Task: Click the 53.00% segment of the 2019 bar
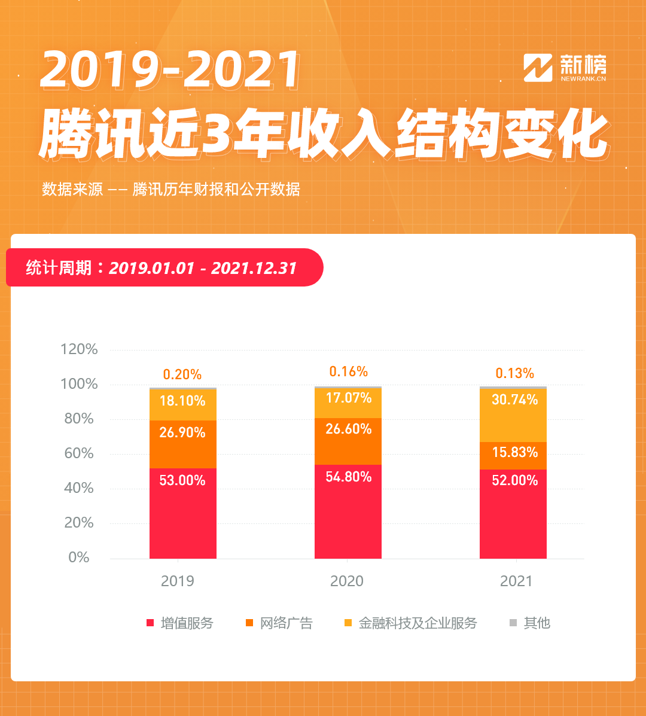coord(182,513)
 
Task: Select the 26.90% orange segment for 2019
coord(182,444)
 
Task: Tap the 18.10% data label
coord(182,401)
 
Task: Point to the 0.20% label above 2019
coord(182,374)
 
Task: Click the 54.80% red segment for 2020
coord(348,511)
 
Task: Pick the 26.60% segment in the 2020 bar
coord(348,441)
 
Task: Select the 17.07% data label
coord(348,398)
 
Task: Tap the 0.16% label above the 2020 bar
coord(348,371)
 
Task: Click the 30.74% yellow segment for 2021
coord(513,415)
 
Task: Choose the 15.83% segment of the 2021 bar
coord(513,455)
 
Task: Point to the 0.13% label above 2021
coord(514,373)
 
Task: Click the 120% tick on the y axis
coord(79,349)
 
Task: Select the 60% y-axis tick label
coord(79,453)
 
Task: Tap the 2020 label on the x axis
coord(347,581)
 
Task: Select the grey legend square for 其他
coord(513,623)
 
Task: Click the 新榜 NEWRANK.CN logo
coord(565,68)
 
